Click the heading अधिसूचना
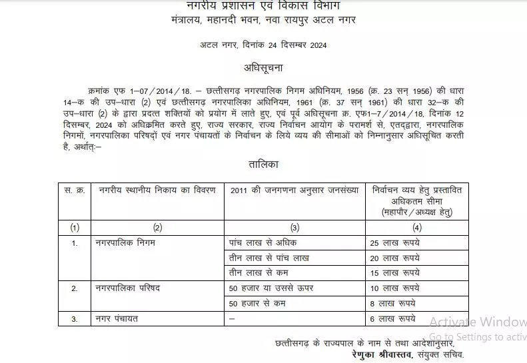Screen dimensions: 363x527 [263, 67]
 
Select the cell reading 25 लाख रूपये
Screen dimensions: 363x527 [395, 243]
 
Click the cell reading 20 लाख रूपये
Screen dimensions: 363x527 [395, 258]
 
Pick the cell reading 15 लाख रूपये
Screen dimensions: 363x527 [395, 272]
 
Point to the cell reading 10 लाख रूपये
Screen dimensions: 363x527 [395, 288]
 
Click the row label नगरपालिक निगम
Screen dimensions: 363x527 [125, 242]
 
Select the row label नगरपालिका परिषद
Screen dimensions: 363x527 [127, 288]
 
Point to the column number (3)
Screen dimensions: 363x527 [294, 227]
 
